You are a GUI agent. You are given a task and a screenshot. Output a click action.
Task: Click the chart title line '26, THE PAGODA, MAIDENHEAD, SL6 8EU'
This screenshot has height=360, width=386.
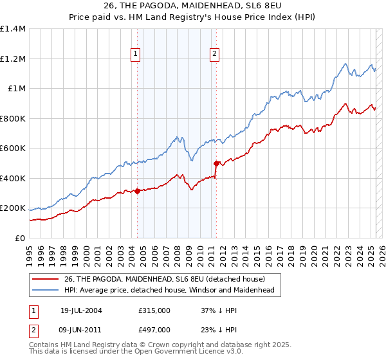point(192,6)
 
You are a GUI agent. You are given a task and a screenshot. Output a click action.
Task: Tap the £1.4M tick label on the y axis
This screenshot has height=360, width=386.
point(13,29)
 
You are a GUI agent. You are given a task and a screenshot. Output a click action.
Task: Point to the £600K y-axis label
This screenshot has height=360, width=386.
point(13,148)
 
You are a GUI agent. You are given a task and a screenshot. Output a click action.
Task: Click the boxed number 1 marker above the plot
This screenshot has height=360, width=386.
point(136,55)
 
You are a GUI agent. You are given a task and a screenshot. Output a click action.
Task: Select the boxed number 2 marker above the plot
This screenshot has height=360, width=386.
point(214,55)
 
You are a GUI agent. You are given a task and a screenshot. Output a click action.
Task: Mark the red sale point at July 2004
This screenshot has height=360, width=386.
point(138,191)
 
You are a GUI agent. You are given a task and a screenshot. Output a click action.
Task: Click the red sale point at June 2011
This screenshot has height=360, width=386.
point(217,163)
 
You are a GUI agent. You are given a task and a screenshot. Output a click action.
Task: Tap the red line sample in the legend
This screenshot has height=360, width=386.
point(46,278)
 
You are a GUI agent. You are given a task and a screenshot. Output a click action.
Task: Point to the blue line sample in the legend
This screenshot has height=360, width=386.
point(46,290)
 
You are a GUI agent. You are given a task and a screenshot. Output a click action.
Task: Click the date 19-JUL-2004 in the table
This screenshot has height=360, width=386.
point(81,310)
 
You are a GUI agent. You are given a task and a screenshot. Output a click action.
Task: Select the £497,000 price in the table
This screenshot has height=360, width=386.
point(154,329)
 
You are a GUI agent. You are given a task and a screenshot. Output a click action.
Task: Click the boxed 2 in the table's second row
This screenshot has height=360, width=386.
point(33,329)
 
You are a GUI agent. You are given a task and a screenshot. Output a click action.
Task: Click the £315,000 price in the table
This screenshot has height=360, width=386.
point(154,310)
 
